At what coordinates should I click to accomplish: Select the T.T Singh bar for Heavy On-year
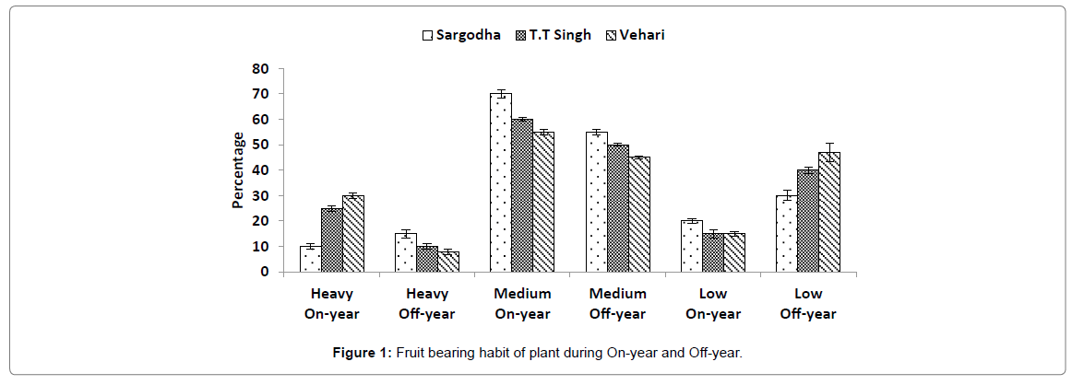332,239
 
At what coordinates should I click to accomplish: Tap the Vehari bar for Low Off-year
829,212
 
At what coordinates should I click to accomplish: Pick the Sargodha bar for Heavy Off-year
406,252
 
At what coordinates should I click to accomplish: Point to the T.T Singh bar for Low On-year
713,252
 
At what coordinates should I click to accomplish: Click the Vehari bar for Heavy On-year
353,233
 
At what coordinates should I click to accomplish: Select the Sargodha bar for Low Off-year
786,233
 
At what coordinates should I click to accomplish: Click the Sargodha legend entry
461,36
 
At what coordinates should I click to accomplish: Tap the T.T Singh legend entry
554,36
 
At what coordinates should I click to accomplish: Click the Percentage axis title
239,169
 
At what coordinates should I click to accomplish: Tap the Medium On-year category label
522,304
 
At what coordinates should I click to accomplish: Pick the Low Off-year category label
808,304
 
